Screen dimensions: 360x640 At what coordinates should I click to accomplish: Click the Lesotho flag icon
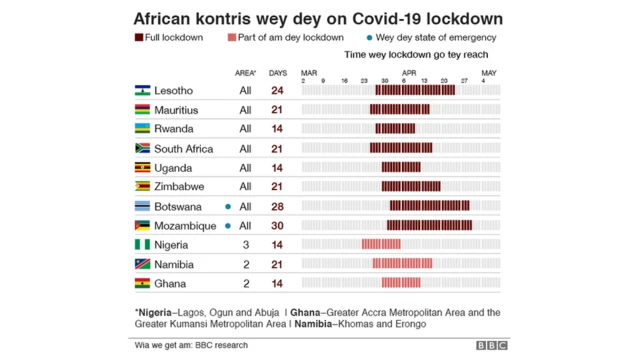coord(142,90)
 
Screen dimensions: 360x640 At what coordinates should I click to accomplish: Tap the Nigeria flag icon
coord(142,245)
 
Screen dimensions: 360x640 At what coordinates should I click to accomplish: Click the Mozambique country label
coord(187,226)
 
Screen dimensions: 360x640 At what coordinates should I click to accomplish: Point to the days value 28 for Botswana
coord(278,207)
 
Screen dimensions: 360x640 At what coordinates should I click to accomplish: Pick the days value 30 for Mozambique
coord(278,226)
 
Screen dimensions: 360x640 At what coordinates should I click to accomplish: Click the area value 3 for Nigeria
coord(245,245)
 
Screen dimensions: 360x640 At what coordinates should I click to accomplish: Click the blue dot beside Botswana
coord(229,207)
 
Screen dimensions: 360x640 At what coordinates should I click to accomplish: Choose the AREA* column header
coord(245,73)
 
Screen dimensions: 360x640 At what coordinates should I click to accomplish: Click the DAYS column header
coord(278,73)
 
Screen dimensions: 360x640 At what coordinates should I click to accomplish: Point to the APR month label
coord(409,72)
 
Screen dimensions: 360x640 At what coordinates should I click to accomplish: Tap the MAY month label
coord(489,72)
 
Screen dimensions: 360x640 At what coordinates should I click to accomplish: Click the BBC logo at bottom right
coord(491,346)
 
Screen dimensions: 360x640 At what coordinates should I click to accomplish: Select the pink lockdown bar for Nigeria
coord(381,245)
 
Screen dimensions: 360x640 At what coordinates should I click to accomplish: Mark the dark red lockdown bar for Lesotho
coord(415,90)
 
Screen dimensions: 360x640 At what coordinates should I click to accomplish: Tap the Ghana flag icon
coord(142,284)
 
